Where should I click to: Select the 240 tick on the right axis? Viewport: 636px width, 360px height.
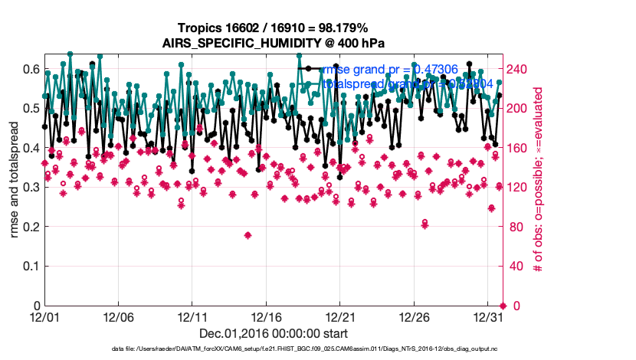pos(520,69)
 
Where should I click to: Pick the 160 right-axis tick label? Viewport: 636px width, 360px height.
pos(520,148)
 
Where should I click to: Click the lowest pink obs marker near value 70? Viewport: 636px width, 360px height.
pos(248,235)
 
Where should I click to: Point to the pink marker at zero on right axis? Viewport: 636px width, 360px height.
pos(502,306)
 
